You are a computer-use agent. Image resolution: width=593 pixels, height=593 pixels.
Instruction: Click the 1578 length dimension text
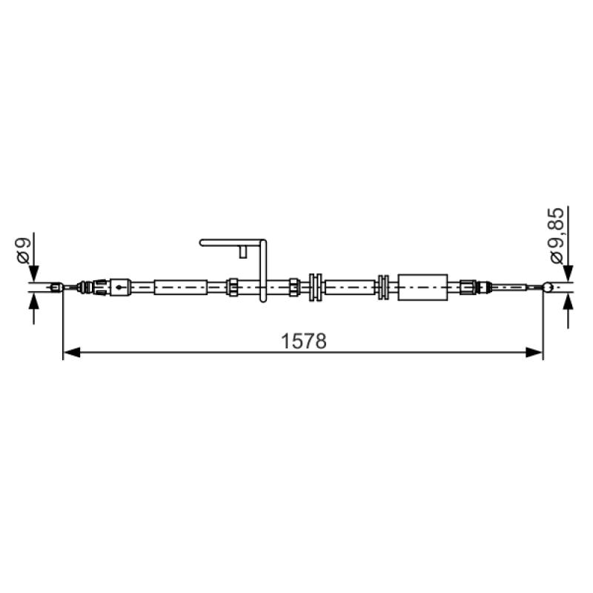(304, 341)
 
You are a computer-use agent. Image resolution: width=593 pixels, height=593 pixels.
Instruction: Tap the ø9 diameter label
(23, 251)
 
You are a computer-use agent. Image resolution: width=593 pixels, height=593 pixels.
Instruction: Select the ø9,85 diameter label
(557, 236)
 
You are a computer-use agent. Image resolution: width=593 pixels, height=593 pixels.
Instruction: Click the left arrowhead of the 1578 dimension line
(71, 353)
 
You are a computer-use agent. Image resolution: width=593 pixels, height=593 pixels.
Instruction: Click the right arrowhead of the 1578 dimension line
(534, 353)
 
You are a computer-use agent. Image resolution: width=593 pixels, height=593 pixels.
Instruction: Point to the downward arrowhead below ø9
(33, 274)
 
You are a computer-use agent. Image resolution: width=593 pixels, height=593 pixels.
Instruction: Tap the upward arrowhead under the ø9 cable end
(33, 301)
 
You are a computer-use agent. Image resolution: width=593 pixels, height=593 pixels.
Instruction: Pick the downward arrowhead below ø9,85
(568, 274)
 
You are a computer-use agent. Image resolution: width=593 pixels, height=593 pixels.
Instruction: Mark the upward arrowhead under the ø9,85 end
(568, 302)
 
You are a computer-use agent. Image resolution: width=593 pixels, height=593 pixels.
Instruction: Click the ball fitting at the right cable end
(548, 287)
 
